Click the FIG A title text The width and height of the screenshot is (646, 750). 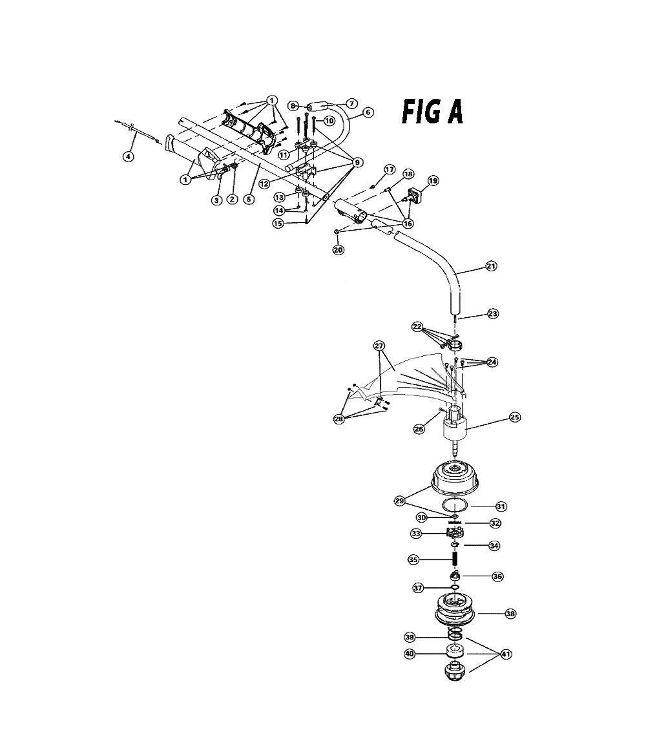coord(432,112)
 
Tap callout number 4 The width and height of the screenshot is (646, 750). coord(128,156)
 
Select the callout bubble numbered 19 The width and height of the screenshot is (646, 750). coord(433,181)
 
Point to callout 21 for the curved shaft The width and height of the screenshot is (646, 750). coord(492,266)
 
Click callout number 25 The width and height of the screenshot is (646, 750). coord(514,417)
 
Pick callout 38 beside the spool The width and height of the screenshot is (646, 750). coord(511,614)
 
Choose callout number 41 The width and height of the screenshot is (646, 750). coord(505,654)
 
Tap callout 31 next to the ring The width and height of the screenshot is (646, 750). coord(501,506)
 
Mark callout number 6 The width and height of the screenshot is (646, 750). coord(368,112)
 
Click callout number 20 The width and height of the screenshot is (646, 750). coord(338,250)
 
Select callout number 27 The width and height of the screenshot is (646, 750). coord(379,346)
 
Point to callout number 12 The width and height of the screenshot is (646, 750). coord(264,183)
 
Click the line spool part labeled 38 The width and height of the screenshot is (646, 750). coord(455,610)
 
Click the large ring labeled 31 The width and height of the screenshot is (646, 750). coord(454,505)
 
